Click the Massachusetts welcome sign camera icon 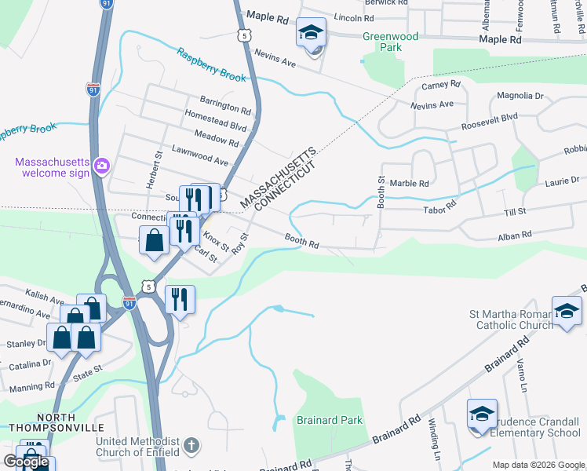click(101, 166)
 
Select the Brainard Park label click(330, 420)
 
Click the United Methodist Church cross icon click(191, 447)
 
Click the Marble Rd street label click(409, 183)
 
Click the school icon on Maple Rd click(311, 34)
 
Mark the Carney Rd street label click(440, 85)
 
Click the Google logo click(26, 462)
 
